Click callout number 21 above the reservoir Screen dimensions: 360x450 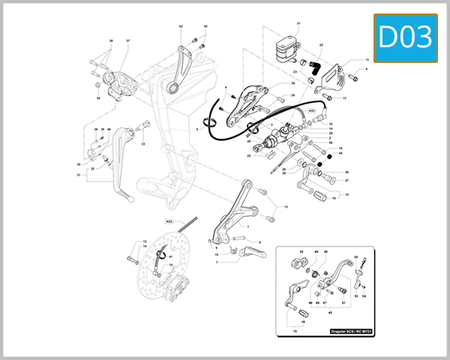tap(298, 23)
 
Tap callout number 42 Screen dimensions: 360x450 tap(181, 27)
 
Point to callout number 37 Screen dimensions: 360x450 tap(127, 40)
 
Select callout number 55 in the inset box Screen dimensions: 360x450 tap(356, 257)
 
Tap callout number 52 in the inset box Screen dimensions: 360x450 tap(301, 252)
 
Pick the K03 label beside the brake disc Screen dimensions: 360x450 tap(169, 222)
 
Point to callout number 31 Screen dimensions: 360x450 tap(78, 175)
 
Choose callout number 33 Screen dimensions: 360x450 tap(143, 144)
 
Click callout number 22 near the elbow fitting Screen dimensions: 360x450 tap(321, 45)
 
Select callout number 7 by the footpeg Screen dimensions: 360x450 tap(217, 262)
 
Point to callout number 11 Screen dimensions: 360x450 tap(367, 58)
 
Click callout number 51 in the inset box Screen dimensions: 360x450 tap(343, 302)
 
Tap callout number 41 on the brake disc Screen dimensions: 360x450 tap(170, 256)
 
